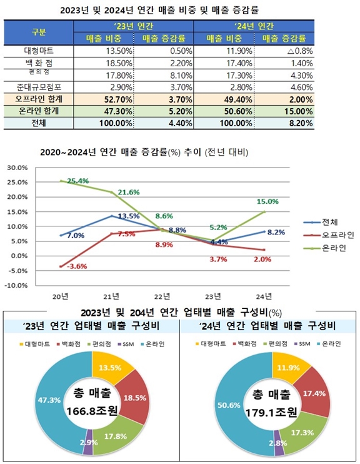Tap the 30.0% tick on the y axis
(x=18, y=168)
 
